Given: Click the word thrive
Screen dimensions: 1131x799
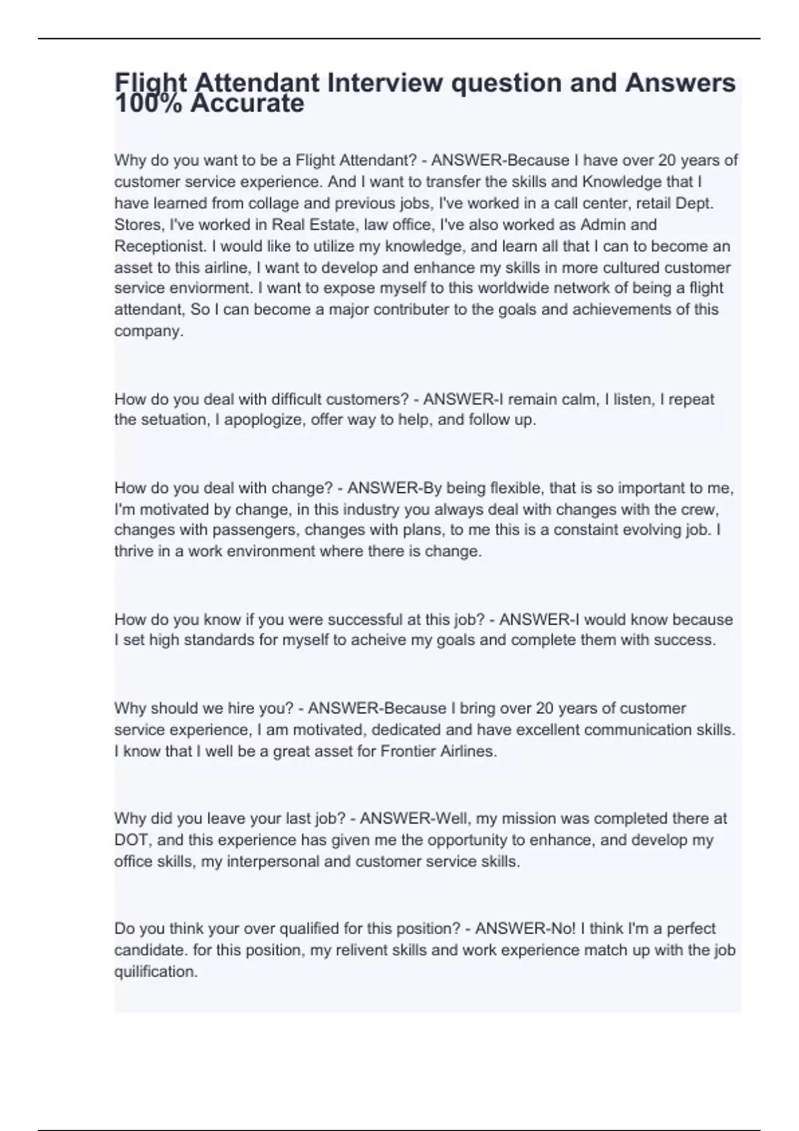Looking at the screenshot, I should (133, 552).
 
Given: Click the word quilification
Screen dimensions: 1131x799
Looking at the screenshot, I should (156, 971).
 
